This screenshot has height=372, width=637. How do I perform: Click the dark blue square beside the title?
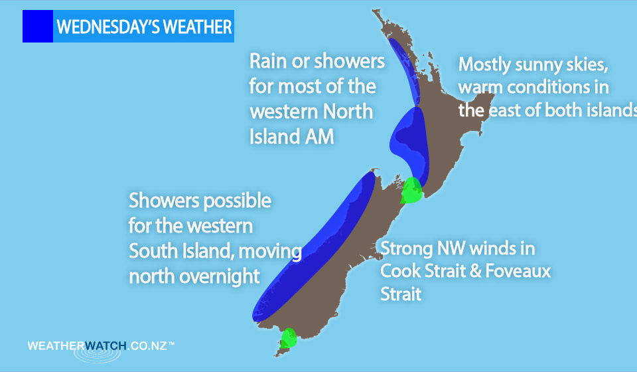(38, 26)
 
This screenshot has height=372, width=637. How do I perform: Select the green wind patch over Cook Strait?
(411, 190)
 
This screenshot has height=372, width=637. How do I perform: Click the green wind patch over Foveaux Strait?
(289, 338)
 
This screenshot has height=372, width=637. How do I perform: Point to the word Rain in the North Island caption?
(268, 61)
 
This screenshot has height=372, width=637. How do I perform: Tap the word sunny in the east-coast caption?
(533, 65)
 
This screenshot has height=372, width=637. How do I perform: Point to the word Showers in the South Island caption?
(164, 201)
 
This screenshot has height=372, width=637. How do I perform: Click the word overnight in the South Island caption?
(220, 277)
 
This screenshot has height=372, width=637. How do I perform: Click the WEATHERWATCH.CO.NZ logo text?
(101, 346)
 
